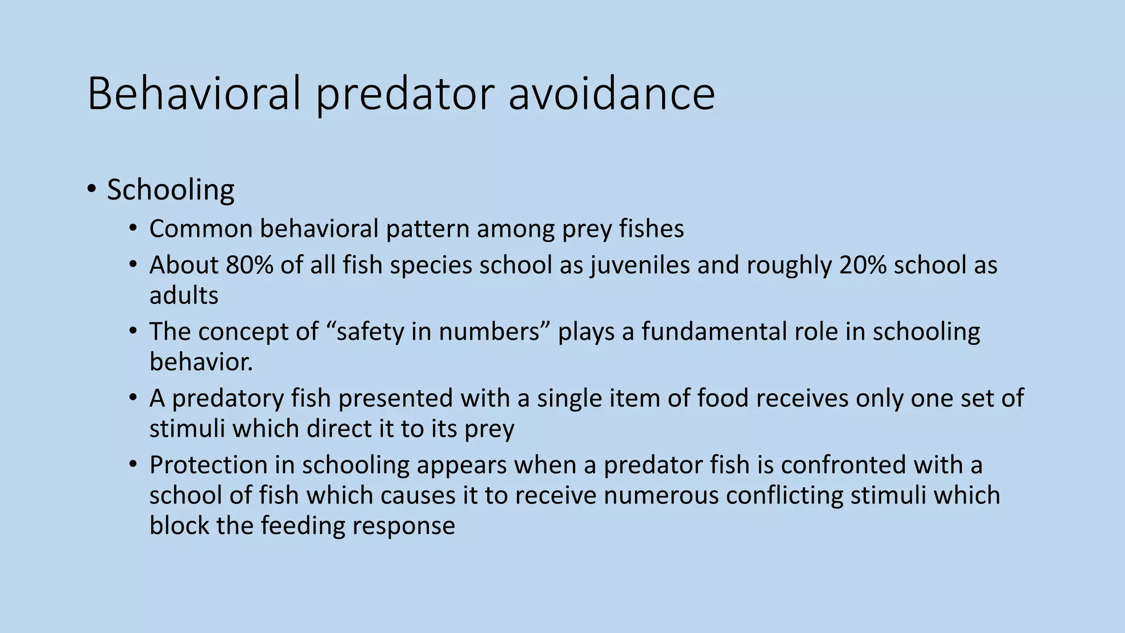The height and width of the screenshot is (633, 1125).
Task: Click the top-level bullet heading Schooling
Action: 170,190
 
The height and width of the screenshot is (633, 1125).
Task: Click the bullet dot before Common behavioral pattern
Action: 133,228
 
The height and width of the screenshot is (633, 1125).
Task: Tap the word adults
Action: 183,296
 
